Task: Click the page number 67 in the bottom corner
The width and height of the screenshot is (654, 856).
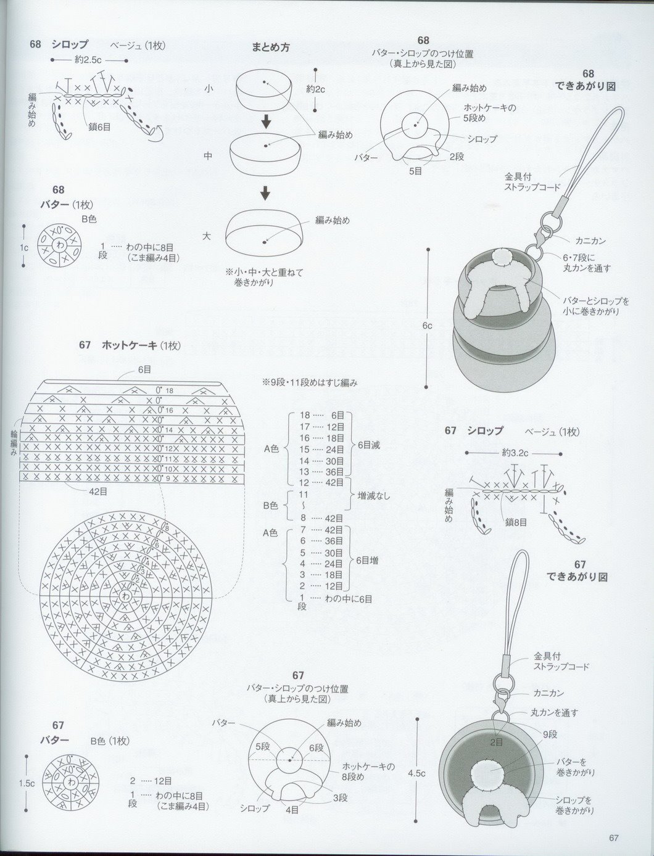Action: click(613, 837)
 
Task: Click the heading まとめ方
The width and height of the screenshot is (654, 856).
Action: click(270, 47)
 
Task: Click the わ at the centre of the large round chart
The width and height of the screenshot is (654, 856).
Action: click(126, 596)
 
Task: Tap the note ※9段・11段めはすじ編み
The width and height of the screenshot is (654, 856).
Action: click(309, 383)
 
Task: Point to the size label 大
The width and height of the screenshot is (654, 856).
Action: click(208, 236)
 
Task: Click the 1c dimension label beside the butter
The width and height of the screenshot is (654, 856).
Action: click(23, 247)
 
